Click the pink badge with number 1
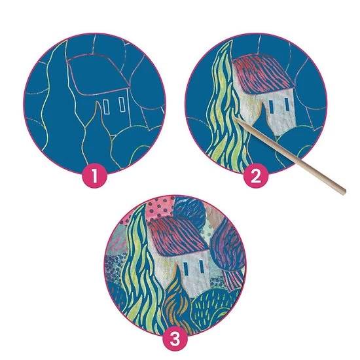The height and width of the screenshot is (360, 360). [x=95, y=176]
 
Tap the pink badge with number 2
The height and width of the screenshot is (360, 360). [x=256, y=176]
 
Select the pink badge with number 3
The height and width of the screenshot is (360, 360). [x=175, y=339]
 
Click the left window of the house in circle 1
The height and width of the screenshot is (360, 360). [x=106, y=107]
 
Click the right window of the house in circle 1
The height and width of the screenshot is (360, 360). [x=122, y=105]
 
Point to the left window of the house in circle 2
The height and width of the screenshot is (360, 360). [x=271, y=107]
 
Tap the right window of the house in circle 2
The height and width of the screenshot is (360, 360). [x=286, y=104]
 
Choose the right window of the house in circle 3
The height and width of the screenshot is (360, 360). [x=202, y=266]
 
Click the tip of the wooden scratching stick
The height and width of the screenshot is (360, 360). [x=235, y=118]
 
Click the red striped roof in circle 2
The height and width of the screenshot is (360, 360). [x=263, y=73]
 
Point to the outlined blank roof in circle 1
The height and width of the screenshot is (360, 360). [x=99, y=74]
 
